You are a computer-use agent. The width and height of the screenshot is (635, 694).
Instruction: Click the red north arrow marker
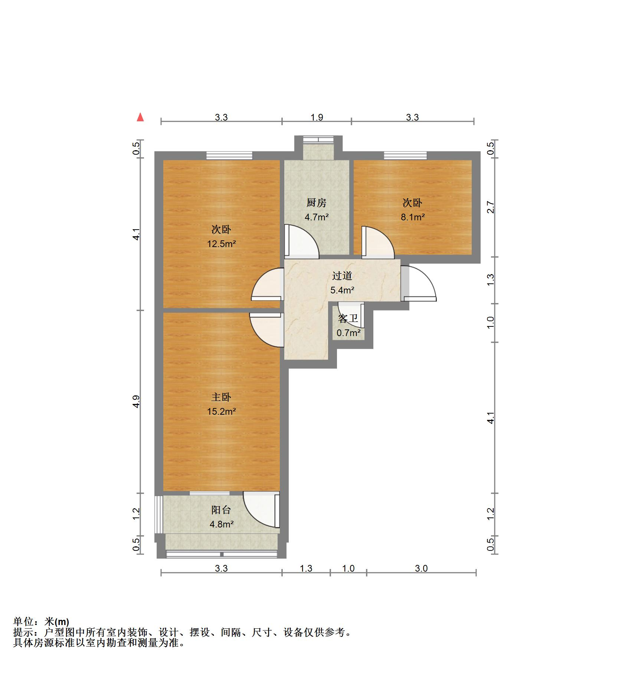pyautogui.click(x=140, y=117)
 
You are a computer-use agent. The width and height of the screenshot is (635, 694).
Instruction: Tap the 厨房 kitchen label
pyautogui.click(x=316, y=203)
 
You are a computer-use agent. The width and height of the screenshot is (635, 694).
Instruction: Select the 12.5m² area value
pyautogui.click(x=222, y=244)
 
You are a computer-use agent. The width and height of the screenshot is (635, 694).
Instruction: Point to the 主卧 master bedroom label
pyautogui.click(x=221, y=397)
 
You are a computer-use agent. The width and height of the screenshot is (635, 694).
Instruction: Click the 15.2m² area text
pyautogui.click(x=222, y=411)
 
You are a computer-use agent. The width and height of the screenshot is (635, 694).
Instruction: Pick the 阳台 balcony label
pyautogui.click(x=221, y=510)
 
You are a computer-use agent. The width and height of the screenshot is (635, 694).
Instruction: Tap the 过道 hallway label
pyautogui.click(x=342, y=276)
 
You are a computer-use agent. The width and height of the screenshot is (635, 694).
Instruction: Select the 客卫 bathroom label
pyautogui.click(x=348, y=319)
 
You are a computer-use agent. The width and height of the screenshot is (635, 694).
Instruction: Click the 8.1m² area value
pyautogui.click(x=412, y=217)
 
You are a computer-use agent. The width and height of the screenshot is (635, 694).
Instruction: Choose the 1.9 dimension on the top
pyautogui.click(x=317, y=118)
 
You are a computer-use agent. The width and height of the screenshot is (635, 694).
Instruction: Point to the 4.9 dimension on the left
pyautogui.click(x=136, y=402)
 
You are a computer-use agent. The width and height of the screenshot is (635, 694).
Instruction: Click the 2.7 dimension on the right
pyautogui.click(x=491, y=207)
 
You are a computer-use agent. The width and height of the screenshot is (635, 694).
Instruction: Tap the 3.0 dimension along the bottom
pyautogui.click(x=421, y=568)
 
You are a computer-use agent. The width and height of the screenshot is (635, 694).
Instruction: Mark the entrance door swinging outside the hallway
pyautogui.click(x=418, y=283)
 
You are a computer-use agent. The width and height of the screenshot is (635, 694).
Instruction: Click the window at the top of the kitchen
pyautogui.click(x=318, y=139)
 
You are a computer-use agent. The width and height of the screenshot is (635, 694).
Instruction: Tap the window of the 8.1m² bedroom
pyautogui.click(x=405, y=156)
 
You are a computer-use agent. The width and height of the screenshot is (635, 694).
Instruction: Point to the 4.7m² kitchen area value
pyautogui.click(x=317, y=217)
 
